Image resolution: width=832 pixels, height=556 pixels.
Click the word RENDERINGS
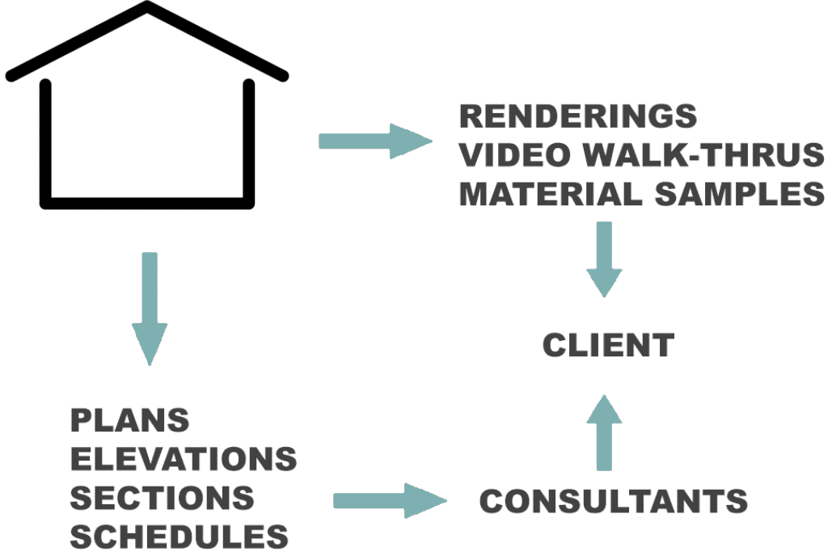coord(577,116)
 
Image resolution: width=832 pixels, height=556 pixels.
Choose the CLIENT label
coord(607,345)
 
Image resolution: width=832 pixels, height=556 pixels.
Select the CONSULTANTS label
coord(613,501)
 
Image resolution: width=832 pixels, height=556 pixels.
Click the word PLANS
coord(129,420)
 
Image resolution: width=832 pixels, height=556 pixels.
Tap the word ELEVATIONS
coord(183,459)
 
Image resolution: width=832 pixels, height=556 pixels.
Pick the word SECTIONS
coord(162,498)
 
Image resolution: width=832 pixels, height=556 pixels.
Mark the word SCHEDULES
coord(179,537)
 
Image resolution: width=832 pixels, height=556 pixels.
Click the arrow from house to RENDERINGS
coord(375,141)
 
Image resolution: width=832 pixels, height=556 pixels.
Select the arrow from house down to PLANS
coord(150,308)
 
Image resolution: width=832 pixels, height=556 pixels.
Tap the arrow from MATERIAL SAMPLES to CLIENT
coord(604,259)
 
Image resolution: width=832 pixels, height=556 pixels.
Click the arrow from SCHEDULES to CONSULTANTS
coord(388,501)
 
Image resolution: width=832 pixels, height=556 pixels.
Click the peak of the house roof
coord(147,7)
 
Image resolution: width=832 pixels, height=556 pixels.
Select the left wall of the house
coord(46,141)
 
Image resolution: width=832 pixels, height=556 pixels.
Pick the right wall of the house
coord(249,141)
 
